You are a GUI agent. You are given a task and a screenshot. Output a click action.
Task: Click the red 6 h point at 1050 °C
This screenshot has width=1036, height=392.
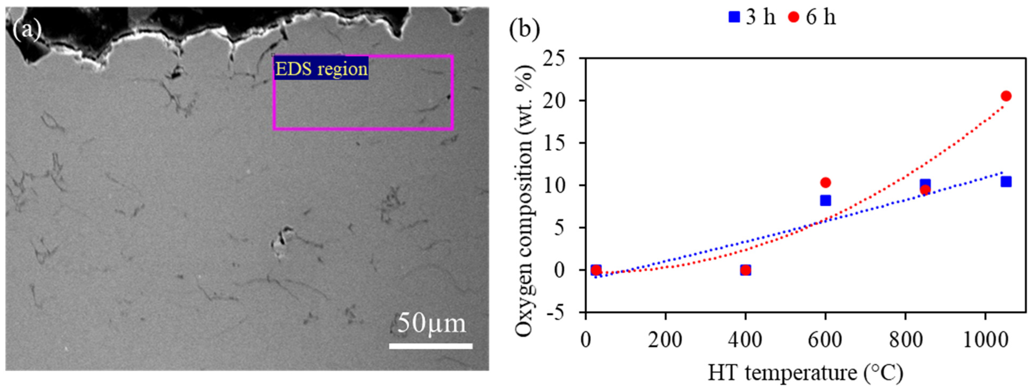(1006, 96)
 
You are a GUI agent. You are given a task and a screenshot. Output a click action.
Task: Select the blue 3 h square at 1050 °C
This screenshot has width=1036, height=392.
(1006, 182)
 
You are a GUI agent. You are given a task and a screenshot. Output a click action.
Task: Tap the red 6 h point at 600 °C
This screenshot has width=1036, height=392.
(825, 183)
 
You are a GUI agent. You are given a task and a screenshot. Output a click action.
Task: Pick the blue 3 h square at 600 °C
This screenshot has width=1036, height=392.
(825, 201)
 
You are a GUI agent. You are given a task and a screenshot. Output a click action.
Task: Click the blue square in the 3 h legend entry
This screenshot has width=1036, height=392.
(734, 17)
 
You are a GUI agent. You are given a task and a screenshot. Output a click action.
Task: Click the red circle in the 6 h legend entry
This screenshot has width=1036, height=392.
(793, 17)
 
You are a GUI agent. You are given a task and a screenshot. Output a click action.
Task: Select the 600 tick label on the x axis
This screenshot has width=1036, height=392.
(825, 340)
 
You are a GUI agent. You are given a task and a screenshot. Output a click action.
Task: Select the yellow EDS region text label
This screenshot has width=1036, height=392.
(321, 69)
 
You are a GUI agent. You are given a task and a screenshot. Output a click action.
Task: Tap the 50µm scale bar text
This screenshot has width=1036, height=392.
(431, 323)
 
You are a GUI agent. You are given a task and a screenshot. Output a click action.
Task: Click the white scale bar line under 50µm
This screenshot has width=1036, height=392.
(430, 346)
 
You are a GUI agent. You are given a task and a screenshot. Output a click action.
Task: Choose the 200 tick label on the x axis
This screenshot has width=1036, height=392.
(665, 340)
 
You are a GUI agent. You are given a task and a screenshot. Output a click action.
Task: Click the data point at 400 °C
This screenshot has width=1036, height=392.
(745, 270)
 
